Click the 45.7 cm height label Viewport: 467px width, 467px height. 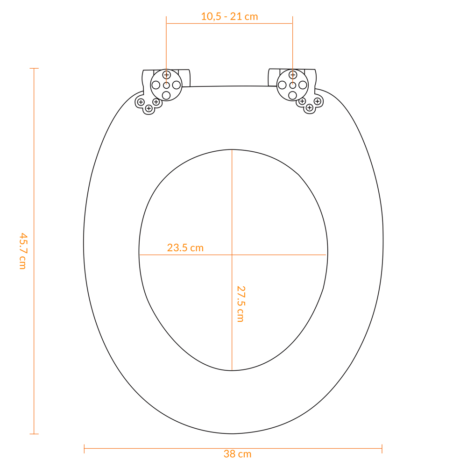[22, 251]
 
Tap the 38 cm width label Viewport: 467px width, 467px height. [237, 454]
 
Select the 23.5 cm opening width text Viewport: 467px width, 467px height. [185, 248]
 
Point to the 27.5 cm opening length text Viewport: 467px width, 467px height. [240, 304]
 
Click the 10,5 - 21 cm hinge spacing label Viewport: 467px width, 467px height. [229, 16]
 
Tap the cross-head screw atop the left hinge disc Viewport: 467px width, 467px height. [166, 75]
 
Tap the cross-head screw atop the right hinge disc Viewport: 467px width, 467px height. [293, 75]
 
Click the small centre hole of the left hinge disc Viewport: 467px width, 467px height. [166, 85]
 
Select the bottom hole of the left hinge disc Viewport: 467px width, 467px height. [166, 95]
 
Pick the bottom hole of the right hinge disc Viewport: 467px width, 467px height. [292, 95]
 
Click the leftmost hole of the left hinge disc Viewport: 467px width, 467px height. [156, 85]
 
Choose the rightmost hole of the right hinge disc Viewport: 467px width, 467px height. [303, 85]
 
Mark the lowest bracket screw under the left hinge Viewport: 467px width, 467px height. [149, 108]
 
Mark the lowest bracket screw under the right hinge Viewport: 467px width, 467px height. [309, 108]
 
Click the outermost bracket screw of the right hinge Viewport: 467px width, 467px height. [318, 101]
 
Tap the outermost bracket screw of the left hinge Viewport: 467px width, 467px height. [141, 102]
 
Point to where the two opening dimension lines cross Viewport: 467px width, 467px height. [232, 255]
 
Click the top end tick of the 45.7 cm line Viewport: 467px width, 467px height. [34, 69]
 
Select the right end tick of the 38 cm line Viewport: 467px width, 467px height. [382, 448]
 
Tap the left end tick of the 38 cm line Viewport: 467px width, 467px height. [84, 448]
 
